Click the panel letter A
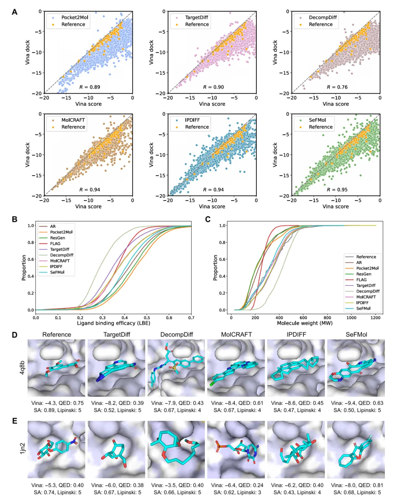coord(15,12)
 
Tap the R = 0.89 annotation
coord(89,87)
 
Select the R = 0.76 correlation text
coord(337,87)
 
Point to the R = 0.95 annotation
coord(337,190)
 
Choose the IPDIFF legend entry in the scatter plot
coord(192,120)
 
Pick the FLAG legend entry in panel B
coord(55,244)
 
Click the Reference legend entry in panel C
coord(366,257)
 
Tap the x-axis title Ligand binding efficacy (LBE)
coord(114,323)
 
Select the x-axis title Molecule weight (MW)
coord(304,323)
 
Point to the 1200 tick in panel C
coord(375,318)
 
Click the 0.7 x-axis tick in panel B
coord(191,318)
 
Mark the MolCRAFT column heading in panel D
coord(236,334)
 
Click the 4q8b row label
coord(22,367)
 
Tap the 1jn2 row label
coord(22,448)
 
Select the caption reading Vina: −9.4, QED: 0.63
coord(357,403)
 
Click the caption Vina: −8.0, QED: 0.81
coord(357,485)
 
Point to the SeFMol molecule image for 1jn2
coord(356,449)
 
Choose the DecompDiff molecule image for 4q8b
coord(176,368)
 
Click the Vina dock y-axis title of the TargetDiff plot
coord(151,52)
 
